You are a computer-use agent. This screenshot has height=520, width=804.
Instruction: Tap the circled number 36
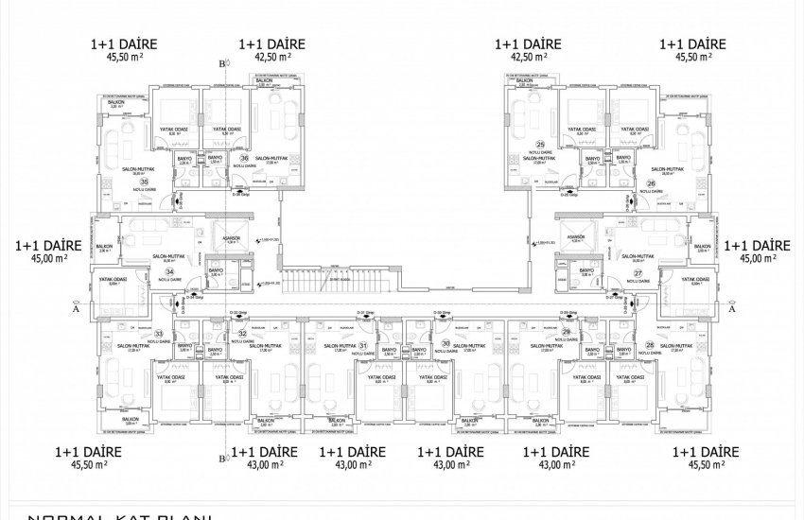coord(244,157)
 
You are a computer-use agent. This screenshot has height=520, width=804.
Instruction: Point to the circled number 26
coord(650,183)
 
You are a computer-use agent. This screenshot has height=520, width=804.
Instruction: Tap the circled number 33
coord(159,334)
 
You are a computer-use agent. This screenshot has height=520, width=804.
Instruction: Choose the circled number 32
coord(242,334)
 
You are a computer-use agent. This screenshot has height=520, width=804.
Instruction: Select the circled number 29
coord(566,334)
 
